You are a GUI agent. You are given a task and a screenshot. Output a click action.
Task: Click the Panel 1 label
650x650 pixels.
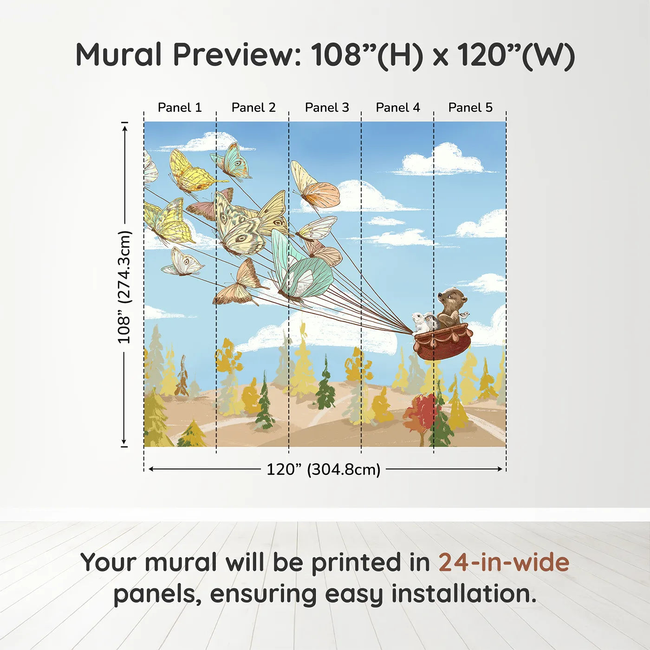(x=180, y=108)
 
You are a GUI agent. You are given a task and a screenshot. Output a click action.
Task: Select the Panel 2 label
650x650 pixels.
(x=253, y=108)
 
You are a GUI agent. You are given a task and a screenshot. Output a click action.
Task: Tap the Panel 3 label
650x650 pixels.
(x=327, y=108)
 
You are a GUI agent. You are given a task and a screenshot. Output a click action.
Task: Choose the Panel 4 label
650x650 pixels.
(x=398, y=108)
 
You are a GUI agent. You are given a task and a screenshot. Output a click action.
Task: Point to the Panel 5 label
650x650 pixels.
(x=470, y=108)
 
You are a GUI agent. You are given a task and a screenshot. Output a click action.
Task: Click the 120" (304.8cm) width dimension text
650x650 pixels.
(x=323, y=469)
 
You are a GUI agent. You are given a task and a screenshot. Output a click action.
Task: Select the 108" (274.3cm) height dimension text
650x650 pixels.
(x=124, y=287)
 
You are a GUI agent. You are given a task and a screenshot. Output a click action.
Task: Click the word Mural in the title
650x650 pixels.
(x=118, y=55)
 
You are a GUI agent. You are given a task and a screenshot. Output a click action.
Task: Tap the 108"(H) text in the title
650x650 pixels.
(x=367, y=55)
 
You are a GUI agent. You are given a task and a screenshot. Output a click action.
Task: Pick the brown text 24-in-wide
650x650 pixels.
(x=504, y=562)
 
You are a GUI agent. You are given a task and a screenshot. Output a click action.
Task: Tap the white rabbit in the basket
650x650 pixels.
(x=420, y=322)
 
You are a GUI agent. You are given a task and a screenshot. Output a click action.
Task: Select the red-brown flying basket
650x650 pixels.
(x=442, y=342)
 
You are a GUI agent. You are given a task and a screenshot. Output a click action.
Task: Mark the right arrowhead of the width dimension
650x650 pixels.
(x=500, y=469)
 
